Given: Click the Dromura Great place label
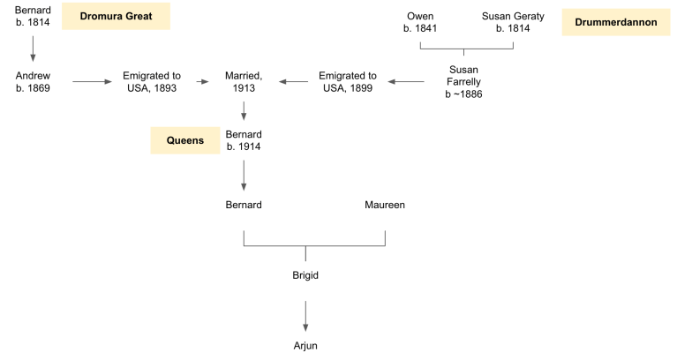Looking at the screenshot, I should coord(116,16).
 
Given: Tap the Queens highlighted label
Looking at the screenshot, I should coord(185,139).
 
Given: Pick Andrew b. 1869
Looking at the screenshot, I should coord(33,82).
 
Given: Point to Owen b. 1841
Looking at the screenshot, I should coord(421,22).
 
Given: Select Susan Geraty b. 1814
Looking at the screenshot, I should coord(512,22).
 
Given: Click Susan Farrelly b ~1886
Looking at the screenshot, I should coord(463,81).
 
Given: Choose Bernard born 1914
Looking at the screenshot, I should coord(244,139).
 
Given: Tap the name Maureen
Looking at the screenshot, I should coord(385,205).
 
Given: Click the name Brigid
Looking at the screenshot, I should coord(305,275).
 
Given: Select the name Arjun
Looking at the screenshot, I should coord(305,345).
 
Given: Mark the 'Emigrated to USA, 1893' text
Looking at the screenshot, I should coord(152,82).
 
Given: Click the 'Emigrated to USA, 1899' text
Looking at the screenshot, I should coord(347,82).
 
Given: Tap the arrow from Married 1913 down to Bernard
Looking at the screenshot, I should coord(244,111).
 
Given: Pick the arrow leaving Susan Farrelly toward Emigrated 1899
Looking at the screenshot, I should coord(405,82).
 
